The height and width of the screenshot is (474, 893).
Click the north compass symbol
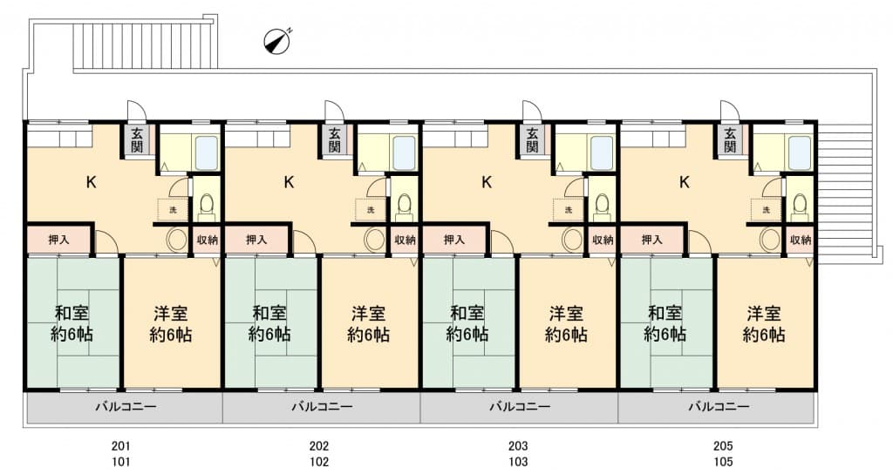coord(277,41)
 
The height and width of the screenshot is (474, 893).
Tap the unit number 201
coord(120,446)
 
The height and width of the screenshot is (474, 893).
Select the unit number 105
coord(723,462)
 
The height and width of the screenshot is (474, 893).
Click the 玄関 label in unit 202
coord(334,140)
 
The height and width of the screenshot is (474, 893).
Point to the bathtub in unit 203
coord(602,152)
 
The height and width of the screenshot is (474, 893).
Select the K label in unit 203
coord(486,183)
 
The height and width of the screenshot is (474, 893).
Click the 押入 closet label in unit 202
coord(256,240)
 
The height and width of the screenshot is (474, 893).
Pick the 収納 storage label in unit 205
coord(801,240)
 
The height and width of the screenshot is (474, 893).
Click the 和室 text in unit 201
coord(72,314)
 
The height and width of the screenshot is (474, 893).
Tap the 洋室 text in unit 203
coord(566,314)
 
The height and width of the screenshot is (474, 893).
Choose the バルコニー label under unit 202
coord(322,407)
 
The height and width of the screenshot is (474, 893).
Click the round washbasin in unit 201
coord(176,240)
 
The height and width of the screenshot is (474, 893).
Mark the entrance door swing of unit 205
coord(729,111)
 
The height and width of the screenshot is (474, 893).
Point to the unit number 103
coord(518,462)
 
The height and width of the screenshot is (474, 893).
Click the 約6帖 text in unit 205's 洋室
coord(764,335)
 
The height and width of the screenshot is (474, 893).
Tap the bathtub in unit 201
coord(207,152)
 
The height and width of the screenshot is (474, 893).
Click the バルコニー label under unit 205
coord(719,407)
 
